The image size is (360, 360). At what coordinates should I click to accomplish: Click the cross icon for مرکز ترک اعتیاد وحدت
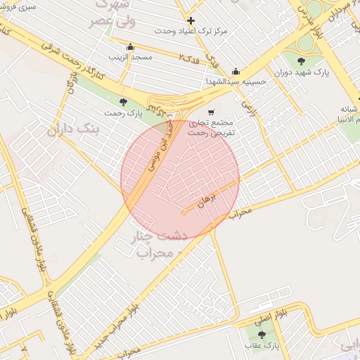[191, 20]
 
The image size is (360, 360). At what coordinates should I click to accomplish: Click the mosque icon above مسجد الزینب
[130, 46]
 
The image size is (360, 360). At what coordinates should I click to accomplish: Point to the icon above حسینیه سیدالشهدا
[235, 71]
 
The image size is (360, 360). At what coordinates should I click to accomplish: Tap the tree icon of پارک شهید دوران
[302, 61]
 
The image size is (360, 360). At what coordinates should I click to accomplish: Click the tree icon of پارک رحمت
[124, 103]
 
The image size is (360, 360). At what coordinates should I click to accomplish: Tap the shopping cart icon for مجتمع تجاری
[211, 112]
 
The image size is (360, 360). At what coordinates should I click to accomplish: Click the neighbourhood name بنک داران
[74, 129]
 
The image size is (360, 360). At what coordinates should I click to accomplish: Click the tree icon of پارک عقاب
[262, 335]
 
